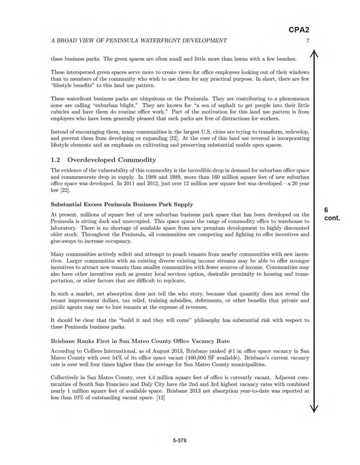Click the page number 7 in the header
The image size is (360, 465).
(x=306, y=41)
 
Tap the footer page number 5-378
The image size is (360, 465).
(x=180, y=440)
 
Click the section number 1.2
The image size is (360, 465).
(x=56, y=160)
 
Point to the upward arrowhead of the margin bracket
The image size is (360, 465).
(x=315, y=54)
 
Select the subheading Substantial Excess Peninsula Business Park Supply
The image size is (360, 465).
(x=122, y=205)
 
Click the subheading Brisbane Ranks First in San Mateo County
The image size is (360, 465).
(x=140, y=341)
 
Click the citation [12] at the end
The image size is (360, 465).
(x=160, y=398)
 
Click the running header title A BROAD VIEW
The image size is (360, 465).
(x=139, y=41)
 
